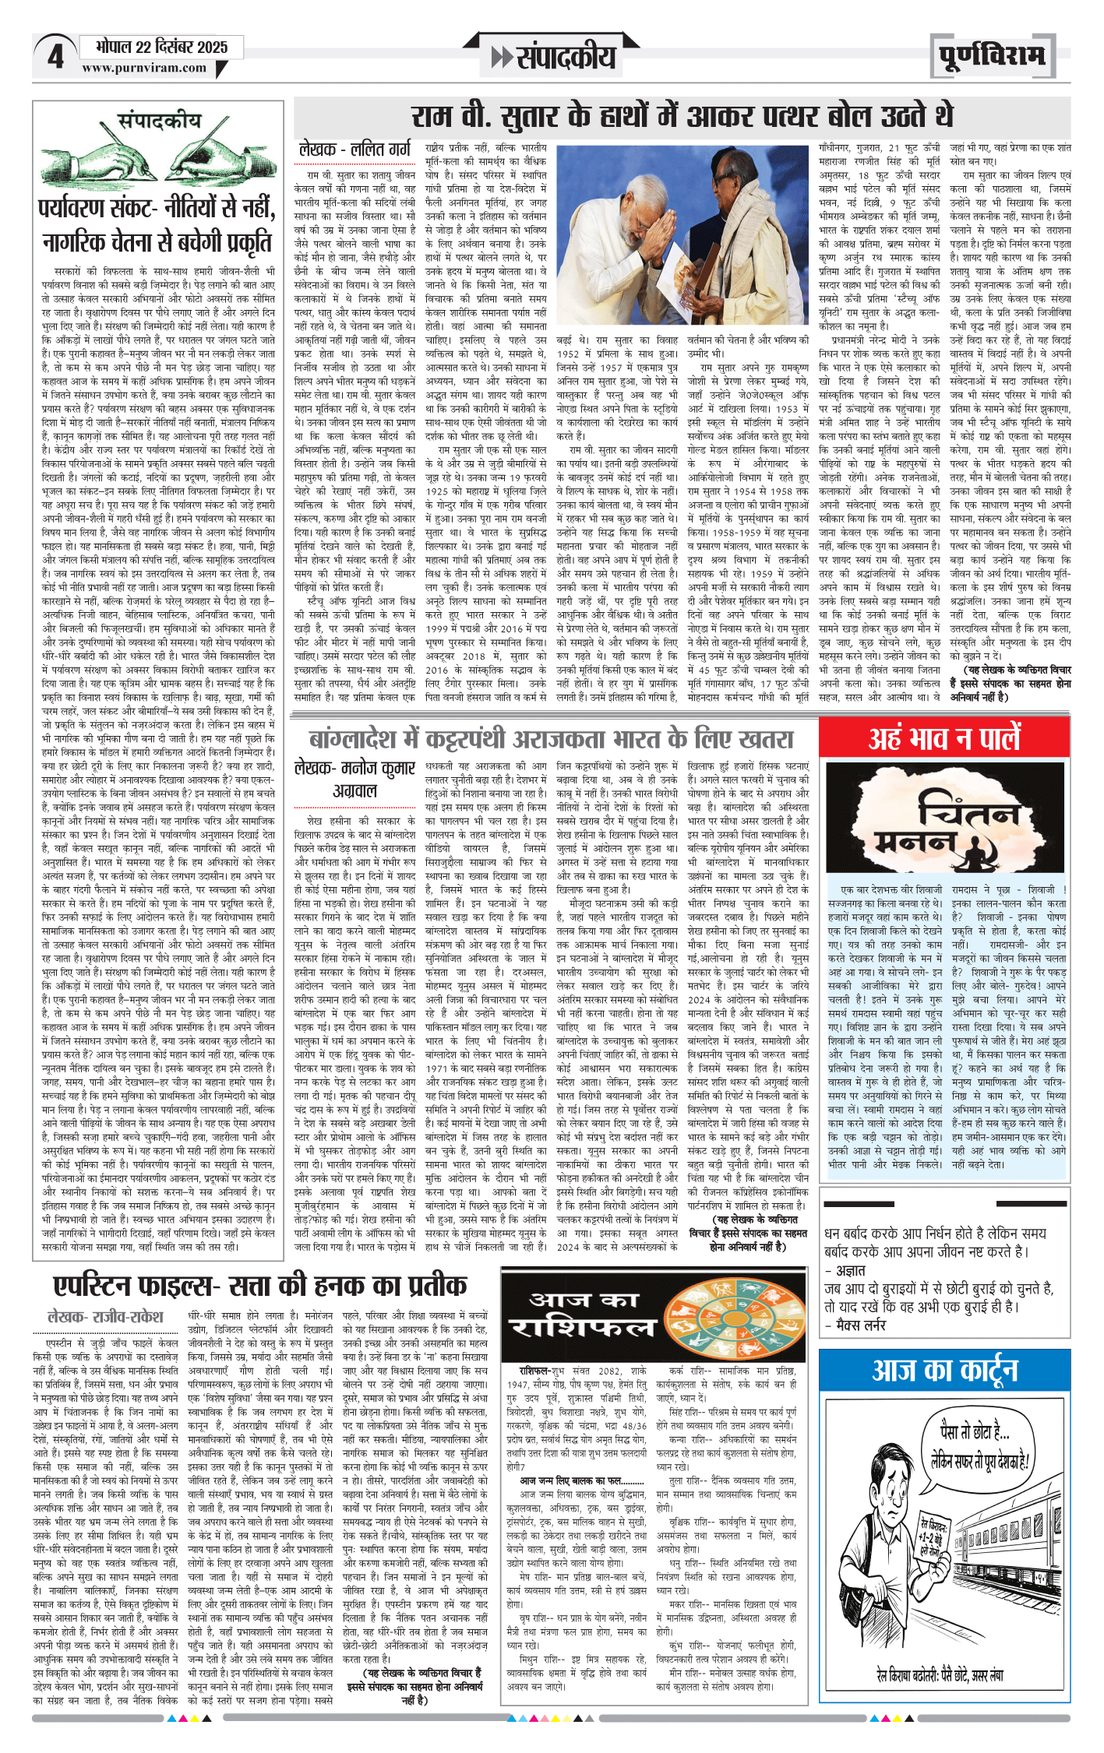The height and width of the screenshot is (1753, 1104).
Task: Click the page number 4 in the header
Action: tap(55, 57)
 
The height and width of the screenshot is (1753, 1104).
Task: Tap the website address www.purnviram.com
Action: tap(144, 69)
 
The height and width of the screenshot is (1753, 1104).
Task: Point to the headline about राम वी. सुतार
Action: tap(682, 117)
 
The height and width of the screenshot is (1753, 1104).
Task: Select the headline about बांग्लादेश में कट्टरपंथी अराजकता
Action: tap(552, 738)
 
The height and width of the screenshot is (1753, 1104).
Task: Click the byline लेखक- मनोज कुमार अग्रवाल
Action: tap(355, 779)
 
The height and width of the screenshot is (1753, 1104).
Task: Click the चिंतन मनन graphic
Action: tap(944, 817)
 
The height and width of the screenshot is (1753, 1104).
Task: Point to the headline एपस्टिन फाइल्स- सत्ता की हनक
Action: tap(260, 1284)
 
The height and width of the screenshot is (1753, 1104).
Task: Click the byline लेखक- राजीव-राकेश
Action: tap(106, 1317)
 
